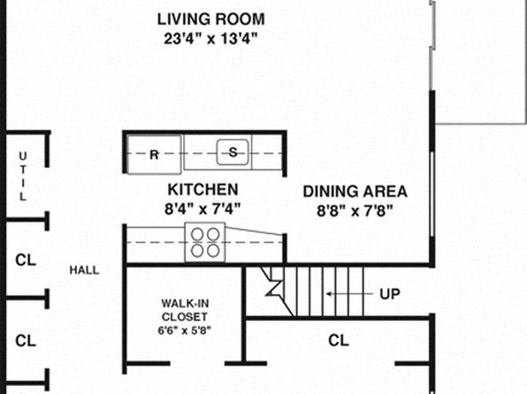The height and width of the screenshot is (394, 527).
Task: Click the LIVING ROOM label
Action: tap(211, 19)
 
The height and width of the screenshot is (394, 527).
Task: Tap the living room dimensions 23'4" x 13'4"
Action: tap(210, 39)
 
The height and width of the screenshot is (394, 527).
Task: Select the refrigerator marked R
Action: tap(154, 155)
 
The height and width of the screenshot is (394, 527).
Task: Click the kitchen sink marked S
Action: tap(233, 153)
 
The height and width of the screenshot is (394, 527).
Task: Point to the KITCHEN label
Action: tap(203, 189)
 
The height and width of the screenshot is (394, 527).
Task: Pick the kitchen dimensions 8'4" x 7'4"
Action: tap(202, 209)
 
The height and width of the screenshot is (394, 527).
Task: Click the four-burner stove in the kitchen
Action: tap(205, 242)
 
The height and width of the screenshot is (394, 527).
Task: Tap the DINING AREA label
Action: tap(355, 192)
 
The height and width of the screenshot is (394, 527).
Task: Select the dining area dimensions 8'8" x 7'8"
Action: tap(355, 211)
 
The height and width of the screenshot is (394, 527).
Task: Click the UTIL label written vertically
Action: tap(22, 177)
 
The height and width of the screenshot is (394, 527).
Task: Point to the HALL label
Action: tap(84, 270)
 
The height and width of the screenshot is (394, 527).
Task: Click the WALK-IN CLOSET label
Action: tap(185, 310)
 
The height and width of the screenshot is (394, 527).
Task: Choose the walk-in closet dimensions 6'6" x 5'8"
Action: tap(185, 330)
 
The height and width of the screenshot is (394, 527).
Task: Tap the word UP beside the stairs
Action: tap(390, 294)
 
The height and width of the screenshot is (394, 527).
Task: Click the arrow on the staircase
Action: tap(349, 294)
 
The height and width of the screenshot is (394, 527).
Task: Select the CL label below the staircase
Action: tap(339, 341)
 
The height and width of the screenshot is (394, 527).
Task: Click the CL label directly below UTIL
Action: tap(26, 260)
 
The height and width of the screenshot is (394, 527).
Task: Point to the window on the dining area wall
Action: tap(432, 195)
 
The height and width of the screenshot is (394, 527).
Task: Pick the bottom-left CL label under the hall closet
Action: tap(26, 341)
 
